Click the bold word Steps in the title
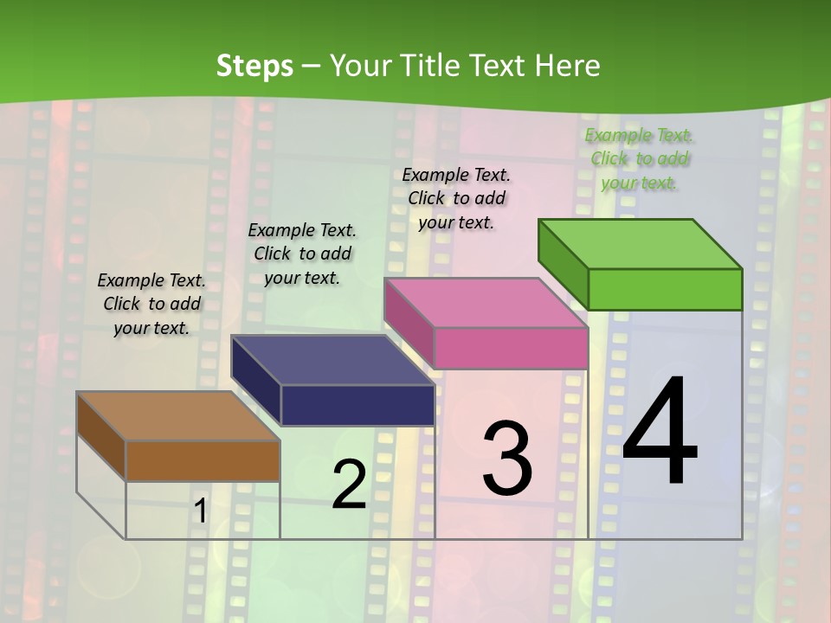(254, 66)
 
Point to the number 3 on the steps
(507, 459)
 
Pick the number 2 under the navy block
(349, 485)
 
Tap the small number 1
(200, 511)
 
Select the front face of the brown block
(203, 460)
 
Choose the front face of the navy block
(358, 405)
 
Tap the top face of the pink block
(486, 304)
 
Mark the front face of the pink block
(511, 348)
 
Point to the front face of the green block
(665, 289)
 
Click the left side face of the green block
(563, 264)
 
